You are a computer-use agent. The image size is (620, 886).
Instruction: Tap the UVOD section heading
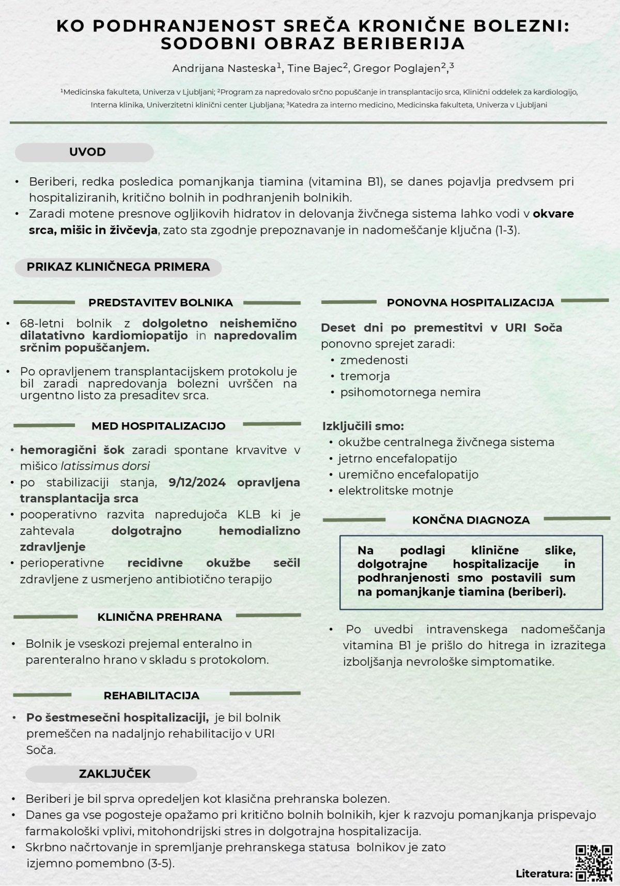pyautogui.click(x=87, y=152)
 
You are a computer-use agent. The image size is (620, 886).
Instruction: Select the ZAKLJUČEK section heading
pyautogui.click(x=115, y=774)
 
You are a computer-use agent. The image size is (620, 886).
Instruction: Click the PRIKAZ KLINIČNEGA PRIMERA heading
pyautogui.click(x=118, y=267)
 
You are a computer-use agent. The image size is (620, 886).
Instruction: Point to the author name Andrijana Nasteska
pyautogui.click(x=225, y=68)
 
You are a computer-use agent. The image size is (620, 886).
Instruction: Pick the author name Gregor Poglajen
pyautogui.click(x=397, y=68)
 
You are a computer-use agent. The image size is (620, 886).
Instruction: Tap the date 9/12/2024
pyautogui.click(x=197, y=482)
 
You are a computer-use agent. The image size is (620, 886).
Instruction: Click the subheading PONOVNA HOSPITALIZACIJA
pyautogui.click(x=470, y=302)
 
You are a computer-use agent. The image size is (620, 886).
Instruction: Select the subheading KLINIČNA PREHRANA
pyautogui.click(x=160, y=617)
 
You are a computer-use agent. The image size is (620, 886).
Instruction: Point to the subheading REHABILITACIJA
pyautogui.click(x=151, y=695)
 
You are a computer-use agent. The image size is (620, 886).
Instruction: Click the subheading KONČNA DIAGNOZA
pyautogui.click(x=471, y=520)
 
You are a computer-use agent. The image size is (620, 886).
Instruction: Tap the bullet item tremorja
pyautogui.click(x=365, y=376)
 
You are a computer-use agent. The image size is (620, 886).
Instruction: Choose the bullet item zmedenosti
pyautogui.click(x=374, y=360)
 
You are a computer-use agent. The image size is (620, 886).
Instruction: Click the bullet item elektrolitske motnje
pyautogui.click(x=395, y=491)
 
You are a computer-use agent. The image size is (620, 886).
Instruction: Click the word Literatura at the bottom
pyautogui.click(x=543, y=874)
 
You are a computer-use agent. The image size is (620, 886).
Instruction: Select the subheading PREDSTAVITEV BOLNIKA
pyautogui.click(x=160, y=302)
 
